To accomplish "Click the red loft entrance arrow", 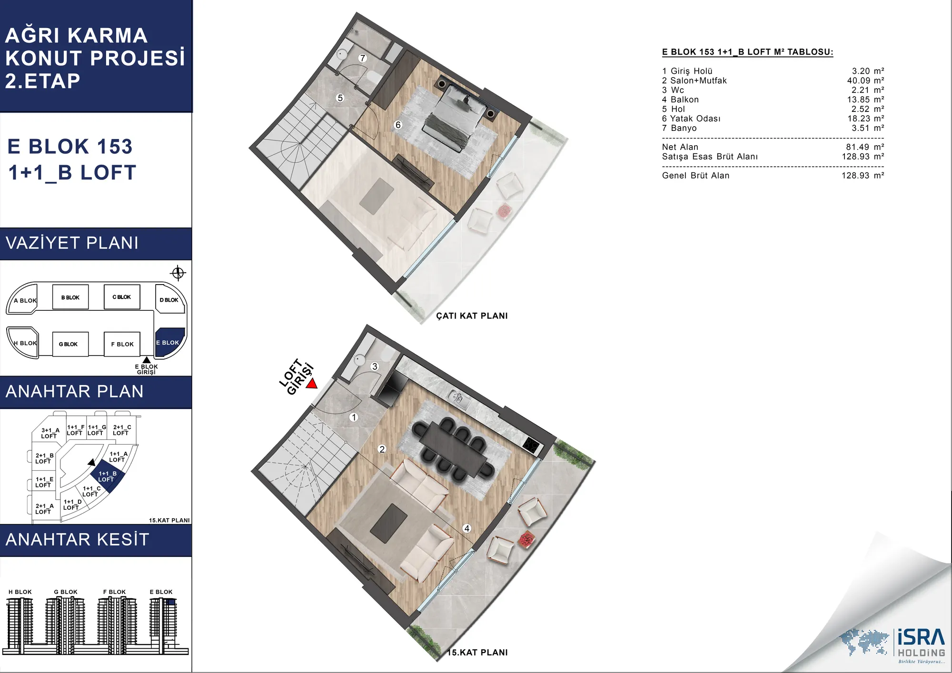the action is (312, 384).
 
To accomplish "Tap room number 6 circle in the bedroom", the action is (398, 125).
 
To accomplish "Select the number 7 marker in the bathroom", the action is (363, 58).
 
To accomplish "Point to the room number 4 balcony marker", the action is (467, 528).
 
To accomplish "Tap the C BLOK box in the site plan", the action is (122, 297).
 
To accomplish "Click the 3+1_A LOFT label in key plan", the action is (50, 433).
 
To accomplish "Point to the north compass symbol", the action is (178, 273).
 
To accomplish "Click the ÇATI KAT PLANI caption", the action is (472, 316).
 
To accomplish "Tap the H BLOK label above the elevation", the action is (20, 592).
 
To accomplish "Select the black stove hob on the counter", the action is (531, 445).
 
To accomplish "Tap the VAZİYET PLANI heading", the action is (72, 243).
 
